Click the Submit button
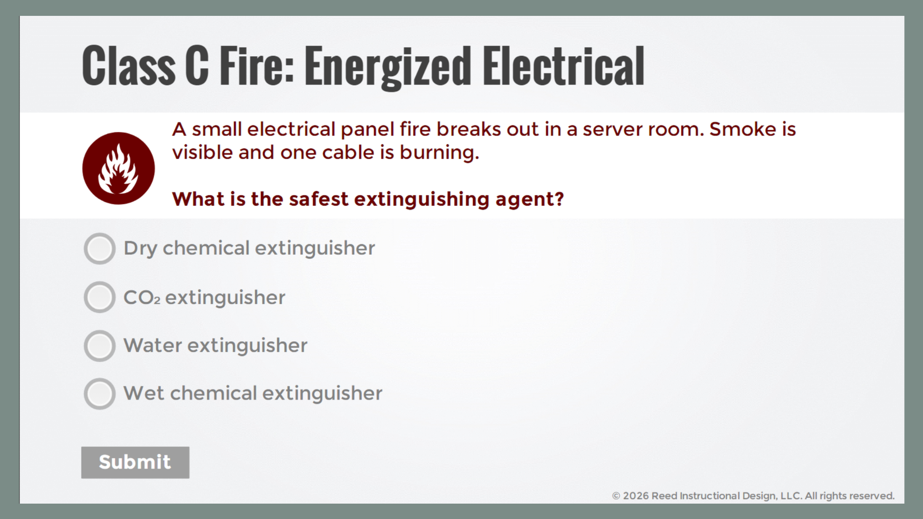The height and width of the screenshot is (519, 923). coord(135,462)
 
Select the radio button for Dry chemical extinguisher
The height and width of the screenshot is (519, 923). coord(100,248)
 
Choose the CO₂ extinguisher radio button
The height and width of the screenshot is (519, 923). coord(100,297)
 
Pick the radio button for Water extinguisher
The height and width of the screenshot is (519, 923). coord(100,346)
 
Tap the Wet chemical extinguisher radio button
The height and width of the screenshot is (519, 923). coord(100,394)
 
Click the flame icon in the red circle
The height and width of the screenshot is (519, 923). coord(118,168)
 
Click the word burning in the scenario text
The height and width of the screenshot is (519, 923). coord(439,152)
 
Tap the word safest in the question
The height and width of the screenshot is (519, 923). coord(318,199)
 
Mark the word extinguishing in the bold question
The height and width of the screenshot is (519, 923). coord(422,199)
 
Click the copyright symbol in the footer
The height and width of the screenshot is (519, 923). coord(616,496)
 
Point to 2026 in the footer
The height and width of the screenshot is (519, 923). coord(636,496)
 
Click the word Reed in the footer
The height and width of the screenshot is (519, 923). coord(664,496)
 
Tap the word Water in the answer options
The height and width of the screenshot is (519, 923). coord(153,345)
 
